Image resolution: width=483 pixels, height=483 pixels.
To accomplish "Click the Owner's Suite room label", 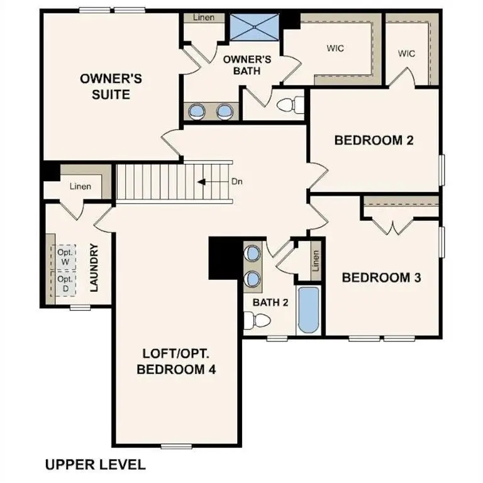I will (x=111, y=86).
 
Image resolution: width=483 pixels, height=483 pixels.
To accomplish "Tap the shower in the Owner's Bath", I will (x=253, y=26).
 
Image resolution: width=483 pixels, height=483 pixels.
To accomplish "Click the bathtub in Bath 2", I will (x=308, y=310).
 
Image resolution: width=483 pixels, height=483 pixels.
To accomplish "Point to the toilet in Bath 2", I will (x=257, y=321).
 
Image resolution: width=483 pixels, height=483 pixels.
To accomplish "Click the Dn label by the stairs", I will (x=237, y=182).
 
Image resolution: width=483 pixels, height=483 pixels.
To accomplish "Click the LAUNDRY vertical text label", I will (x=95, y=268).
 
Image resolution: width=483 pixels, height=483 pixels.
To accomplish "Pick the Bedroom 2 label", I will (x=374, y=140).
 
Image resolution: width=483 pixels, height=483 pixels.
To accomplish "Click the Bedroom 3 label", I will (x=381, y=277).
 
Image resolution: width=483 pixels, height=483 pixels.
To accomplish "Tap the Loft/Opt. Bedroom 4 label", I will (x=176, y=362).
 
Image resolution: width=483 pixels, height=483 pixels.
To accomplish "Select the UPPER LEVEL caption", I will (x=95, y=465).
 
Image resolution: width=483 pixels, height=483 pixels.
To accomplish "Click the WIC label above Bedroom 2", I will (x=406, y=53).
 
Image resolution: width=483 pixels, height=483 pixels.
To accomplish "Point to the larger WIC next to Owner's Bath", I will (x=335, y=48).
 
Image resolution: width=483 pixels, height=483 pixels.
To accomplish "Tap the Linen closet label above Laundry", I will (x=80, y=186).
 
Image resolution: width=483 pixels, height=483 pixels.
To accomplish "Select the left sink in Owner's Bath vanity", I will (x=197, y=111).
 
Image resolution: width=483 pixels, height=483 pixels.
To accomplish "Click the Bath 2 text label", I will (x=270, y=303).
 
